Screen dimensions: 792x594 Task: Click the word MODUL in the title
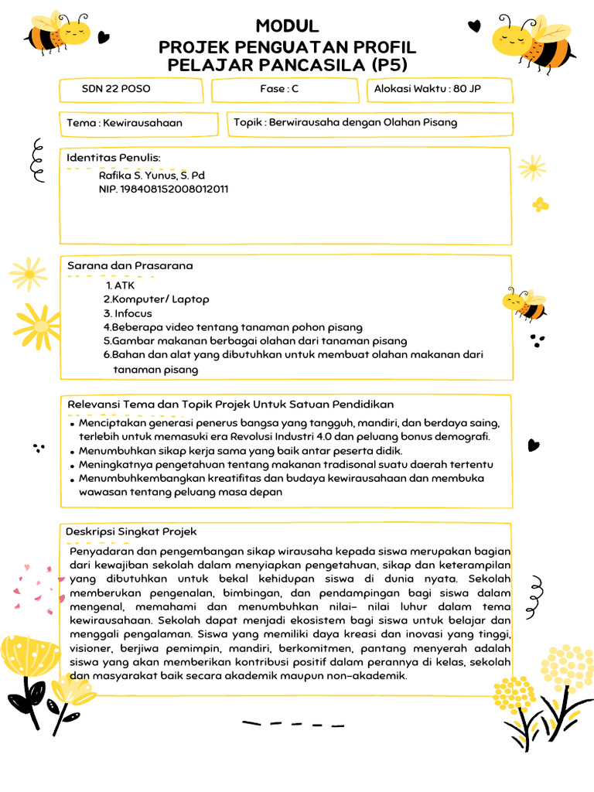tap(287, 26)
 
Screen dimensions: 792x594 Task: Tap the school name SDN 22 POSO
tap(116, 89)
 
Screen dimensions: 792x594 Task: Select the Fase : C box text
tap(279, 89)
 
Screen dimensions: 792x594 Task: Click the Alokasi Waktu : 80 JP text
tap(427, 89)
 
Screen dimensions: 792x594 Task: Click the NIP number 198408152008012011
tap(163, 189)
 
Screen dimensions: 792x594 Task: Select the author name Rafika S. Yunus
tap(152, 176)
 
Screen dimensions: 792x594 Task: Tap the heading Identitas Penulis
tap(114, 158)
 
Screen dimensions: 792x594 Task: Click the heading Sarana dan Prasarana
tap(130, 265)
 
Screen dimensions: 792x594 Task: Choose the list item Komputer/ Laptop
tap(157, 299)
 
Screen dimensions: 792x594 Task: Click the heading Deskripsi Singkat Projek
tap(131, 531)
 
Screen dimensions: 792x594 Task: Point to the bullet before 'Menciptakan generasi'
tap(72, 425)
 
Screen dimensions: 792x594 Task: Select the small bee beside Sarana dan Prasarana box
tap(525, 303)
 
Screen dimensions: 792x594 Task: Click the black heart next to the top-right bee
tap(474, 26)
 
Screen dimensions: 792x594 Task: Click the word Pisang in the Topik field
tap(441, 122)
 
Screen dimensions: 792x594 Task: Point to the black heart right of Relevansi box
tap(532, 445)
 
